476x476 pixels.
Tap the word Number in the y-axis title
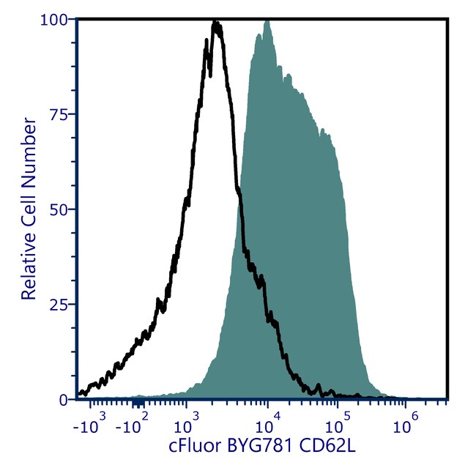29,143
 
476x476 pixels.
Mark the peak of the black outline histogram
216,23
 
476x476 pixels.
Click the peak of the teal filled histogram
267,21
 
